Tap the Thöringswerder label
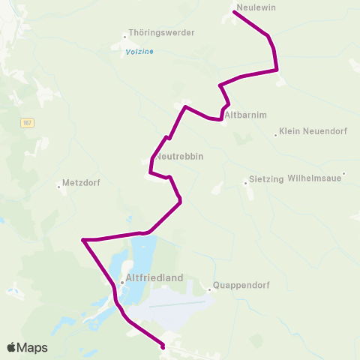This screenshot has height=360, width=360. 162,33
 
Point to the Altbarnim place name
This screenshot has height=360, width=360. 245,114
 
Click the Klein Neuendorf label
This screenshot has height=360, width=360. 310,133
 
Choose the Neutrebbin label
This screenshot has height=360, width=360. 180,157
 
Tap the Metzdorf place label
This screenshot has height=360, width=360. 82,182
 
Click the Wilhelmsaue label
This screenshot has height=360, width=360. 315,178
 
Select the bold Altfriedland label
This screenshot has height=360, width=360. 157,277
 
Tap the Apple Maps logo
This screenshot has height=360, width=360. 27,347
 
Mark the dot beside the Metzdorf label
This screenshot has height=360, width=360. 59,186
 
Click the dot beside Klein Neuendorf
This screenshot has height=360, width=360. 276,135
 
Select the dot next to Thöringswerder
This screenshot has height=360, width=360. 124,35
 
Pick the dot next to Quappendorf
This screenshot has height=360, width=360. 209,289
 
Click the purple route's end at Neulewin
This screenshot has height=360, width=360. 235,12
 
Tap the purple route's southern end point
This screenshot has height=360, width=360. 163,347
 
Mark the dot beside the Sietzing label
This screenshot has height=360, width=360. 245,182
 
